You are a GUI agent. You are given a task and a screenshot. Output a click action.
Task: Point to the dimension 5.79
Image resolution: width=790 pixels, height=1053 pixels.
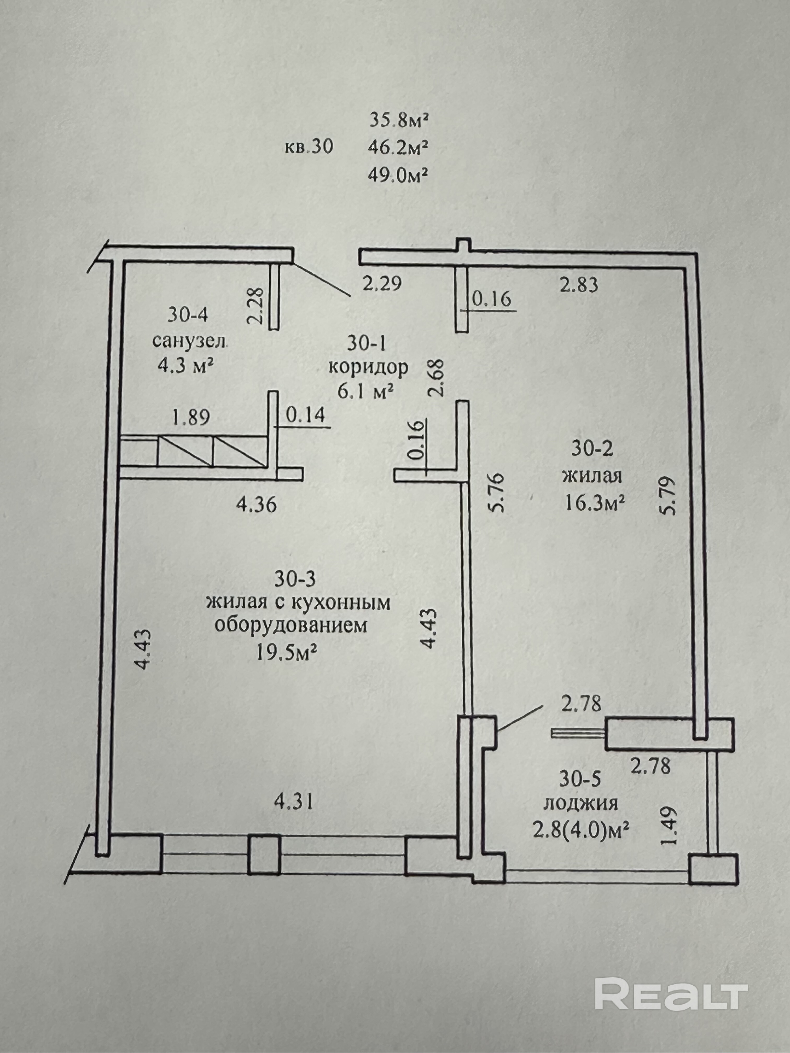point(669,496)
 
